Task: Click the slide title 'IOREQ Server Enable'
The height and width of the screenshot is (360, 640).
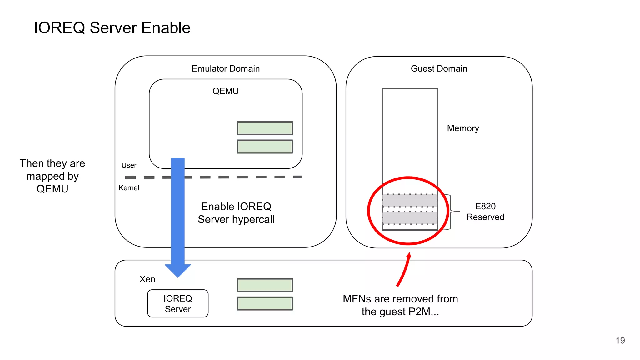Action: pos(112,28)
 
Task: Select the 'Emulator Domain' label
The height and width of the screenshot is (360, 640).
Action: pos(225,68)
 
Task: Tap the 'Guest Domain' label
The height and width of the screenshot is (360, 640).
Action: pos(438,68)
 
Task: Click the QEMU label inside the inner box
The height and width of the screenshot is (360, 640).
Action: pos(225,91)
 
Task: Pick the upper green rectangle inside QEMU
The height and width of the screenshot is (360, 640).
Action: pos(265,128)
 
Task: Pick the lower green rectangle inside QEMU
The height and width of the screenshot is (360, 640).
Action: pos(265,147)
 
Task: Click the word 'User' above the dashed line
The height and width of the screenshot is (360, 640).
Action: pos(129,165)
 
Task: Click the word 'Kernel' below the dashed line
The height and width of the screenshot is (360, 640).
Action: pos(129,188)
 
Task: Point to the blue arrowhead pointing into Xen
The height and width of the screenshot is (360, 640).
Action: pos(178,270)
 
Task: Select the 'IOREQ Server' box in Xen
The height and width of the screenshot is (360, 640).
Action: pos(178,303)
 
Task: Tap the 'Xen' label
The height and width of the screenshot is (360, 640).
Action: pos(147,279)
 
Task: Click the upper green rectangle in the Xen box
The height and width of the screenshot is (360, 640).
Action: pos(265,285)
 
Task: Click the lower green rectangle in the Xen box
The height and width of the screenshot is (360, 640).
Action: pos(265,303)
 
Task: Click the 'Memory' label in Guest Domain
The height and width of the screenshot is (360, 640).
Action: pos(463,128)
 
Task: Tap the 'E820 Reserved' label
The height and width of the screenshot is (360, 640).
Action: pos(485,212)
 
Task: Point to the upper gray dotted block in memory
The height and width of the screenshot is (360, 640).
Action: pos(410,200)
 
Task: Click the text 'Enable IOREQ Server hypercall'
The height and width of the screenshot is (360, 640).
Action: pos(236,213)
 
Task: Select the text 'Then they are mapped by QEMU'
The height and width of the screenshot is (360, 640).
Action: pos(52,176)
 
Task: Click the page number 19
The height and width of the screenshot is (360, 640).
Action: pos(620,340)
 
